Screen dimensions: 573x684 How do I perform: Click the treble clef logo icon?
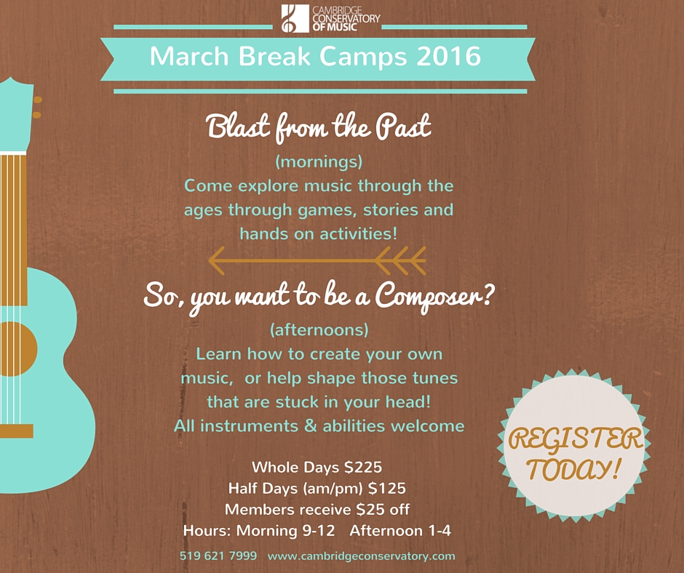tap(290, 19)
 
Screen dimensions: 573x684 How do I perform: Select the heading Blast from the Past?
tap(319, 128)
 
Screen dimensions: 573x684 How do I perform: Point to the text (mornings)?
tap(319, 160)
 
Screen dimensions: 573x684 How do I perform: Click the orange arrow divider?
tap(317, 258)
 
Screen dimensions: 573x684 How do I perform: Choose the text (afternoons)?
tap(319, 329)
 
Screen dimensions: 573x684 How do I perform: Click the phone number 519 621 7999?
tap(218, 556)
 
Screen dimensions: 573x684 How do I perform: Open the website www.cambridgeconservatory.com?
tap(362, 556)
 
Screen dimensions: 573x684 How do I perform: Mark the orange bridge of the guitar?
tap(16, 430)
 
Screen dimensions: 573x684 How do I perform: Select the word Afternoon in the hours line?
tap(381, 531)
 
